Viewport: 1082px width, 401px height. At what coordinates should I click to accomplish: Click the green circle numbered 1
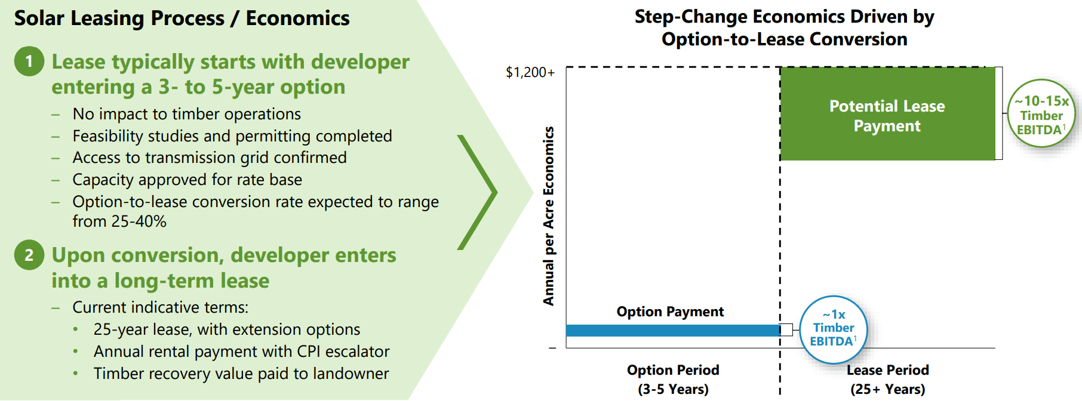click(x=29, y=61)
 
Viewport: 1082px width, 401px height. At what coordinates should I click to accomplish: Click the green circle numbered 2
click(x=29, y=255)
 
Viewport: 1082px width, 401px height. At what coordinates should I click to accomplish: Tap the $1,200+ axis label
click(x=530, y=72)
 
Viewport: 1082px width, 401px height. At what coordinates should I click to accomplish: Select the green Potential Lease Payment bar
click(x=887, y=114)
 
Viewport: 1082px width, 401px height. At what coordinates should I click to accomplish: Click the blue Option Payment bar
click(x=673, y=330)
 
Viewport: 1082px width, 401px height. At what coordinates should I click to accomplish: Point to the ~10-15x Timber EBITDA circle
click(x=1041, y=113)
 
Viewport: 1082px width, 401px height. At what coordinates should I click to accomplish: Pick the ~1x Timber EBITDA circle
click(x=834, y=329)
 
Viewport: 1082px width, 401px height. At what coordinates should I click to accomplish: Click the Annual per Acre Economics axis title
click(x=548, y=216)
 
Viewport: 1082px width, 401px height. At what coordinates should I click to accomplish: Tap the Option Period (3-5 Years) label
click(x=673, y=380)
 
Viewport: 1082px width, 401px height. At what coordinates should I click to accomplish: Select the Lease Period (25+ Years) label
click(x=888, y=380)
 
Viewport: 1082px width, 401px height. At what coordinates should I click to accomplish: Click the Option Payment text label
click(x=670, y=311)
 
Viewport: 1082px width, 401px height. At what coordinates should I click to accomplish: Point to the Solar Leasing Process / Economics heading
click(x=182, y=18)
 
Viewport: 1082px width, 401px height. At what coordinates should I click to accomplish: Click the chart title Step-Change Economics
click(x=784, y=27)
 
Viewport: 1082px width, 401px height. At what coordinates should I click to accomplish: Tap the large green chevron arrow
click(x=478, y=192)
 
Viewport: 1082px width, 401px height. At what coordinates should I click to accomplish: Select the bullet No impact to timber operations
click(x=187, y=114)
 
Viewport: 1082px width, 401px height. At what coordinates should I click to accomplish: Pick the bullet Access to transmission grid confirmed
click(x=210, y=158)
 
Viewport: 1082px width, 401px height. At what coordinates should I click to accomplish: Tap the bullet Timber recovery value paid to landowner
click(x=241, y=374)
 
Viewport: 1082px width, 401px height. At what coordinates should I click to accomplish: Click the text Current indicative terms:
click(x=161, y=307)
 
